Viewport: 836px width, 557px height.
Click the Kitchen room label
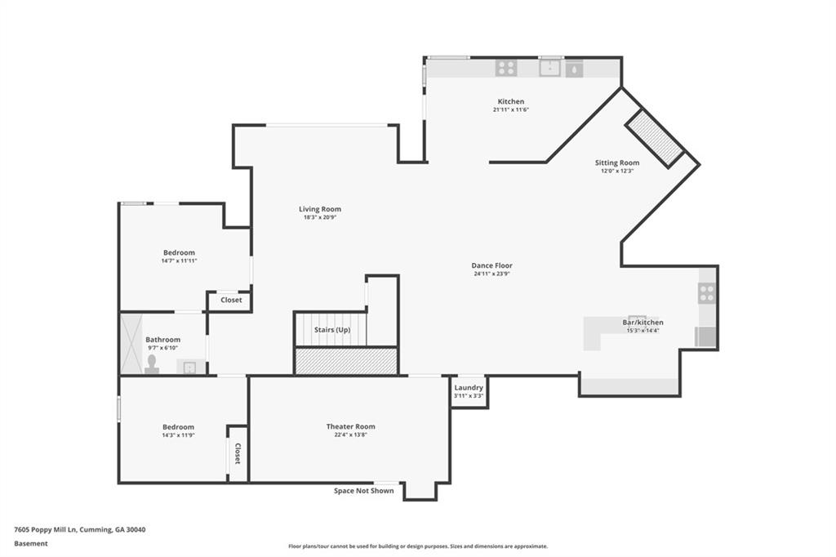pos(511,101)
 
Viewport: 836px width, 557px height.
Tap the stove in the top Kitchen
pos(506,68)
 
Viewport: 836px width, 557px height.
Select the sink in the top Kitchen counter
pos(549,68)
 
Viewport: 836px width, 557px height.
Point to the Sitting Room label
pos(617,163)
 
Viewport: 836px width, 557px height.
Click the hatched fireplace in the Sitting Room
pos(654,138)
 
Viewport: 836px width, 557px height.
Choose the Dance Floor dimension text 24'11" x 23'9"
pos(491,274)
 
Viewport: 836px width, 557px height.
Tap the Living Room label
pos(320,209)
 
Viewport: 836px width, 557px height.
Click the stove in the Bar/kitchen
pos(707,293)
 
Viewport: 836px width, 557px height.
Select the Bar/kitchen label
pos(643,323)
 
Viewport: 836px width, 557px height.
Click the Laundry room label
pos(469,388)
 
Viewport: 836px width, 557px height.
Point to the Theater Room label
pos(351,426)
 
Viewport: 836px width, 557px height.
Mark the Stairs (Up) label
pos(332,330)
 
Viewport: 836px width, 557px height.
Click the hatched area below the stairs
pos(346,361)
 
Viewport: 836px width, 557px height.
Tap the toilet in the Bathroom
pos(152,365)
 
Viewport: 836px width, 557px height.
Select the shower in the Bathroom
pos(131,344)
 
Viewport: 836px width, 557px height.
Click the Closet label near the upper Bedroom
pos(231,300)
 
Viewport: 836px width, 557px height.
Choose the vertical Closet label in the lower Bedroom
pos(238,453)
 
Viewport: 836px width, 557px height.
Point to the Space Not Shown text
pos(363,491)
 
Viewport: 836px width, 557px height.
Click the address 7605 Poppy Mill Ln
pos(46,530)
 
